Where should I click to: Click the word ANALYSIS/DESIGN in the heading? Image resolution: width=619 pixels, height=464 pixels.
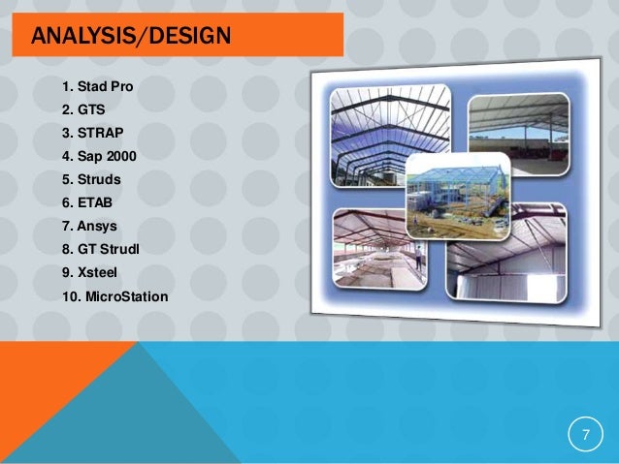(x=130, y=38)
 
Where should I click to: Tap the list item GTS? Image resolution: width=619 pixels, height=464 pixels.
(x=92, y=110)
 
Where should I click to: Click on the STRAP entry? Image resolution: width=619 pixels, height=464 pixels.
(x=101, y=132)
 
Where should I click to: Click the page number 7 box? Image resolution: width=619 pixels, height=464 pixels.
(x=585, y=433)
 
